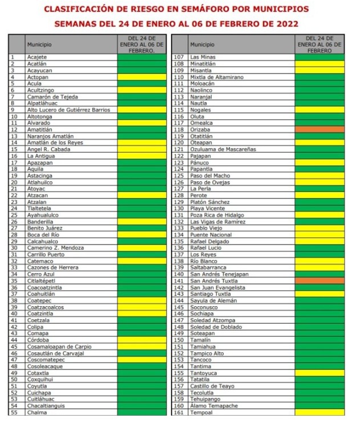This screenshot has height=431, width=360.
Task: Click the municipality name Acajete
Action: [37, 58]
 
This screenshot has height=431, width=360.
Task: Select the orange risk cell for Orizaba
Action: [319, 129]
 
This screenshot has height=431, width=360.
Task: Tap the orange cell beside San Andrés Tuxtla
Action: [319, 281]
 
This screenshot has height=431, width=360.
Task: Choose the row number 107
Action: [179, 58]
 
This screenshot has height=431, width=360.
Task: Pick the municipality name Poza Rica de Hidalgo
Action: [217, 215]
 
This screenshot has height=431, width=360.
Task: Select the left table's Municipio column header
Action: [39, 44]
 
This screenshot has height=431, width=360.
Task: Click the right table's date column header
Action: [319, 44]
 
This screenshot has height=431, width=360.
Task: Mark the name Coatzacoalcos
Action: [46, 307]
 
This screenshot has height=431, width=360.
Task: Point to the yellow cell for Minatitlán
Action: [319, 64]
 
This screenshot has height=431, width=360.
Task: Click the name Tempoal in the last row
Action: [201, 412]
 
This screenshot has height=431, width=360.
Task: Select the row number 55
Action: [13, 412]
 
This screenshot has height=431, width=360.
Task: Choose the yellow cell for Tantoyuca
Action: [319, 373]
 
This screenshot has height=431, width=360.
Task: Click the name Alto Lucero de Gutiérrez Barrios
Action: [68, 110]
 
